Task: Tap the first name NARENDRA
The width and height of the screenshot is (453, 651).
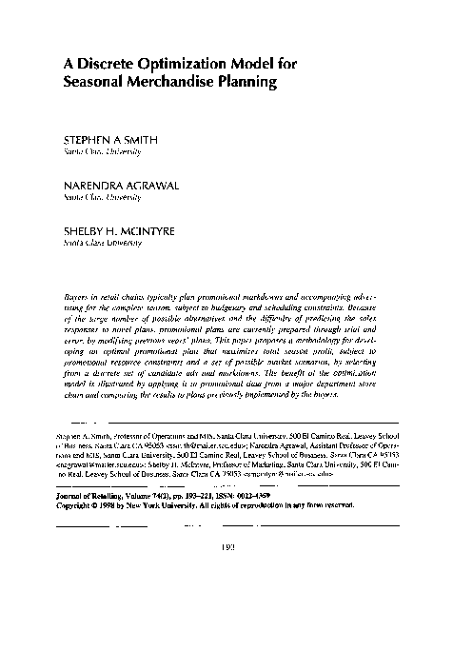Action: pyautogui.click(x=93, y=187)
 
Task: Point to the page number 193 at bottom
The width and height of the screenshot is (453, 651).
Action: pyautogui.click(x=226, y=575)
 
